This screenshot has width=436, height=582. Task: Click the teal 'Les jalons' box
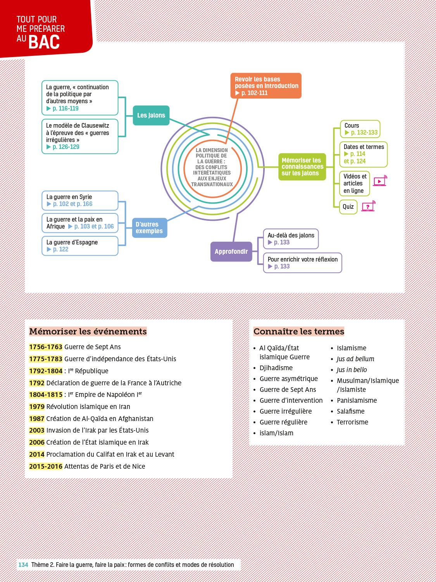(151, 115)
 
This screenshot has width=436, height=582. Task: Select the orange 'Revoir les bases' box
(266, 86)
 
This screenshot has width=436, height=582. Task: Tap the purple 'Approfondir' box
(231, 252)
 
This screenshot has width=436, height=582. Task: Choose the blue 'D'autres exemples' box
(150, 228)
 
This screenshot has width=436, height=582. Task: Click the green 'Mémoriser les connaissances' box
(302, 167)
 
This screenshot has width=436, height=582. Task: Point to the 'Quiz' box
(348, 207)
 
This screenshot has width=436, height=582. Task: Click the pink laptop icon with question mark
(368, 206)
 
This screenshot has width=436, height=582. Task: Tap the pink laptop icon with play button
(380, 181)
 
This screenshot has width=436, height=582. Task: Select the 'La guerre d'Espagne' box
(80, 246)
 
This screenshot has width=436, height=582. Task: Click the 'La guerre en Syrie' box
(80, 201)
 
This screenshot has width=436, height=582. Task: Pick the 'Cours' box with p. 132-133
(360, 129)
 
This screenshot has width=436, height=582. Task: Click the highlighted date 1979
(37, 407)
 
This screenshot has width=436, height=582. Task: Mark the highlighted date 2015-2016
(46, 466)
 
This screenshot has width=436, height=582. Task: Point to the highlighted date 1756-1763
(46, 347)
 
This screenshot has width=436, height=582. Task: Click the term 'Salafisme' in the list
(350, 411)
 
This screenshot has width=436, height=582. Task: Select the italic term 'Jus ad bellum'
(355, 359)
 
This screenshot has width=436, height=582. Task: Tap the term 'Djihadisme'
(276, 368)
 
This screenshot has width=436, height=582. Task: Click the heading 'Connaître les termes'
(299, 331)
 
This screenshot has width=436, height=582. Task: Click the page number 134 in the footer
(23, 565)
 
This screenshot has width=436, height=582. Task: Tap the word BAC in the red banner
(44, 42)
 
